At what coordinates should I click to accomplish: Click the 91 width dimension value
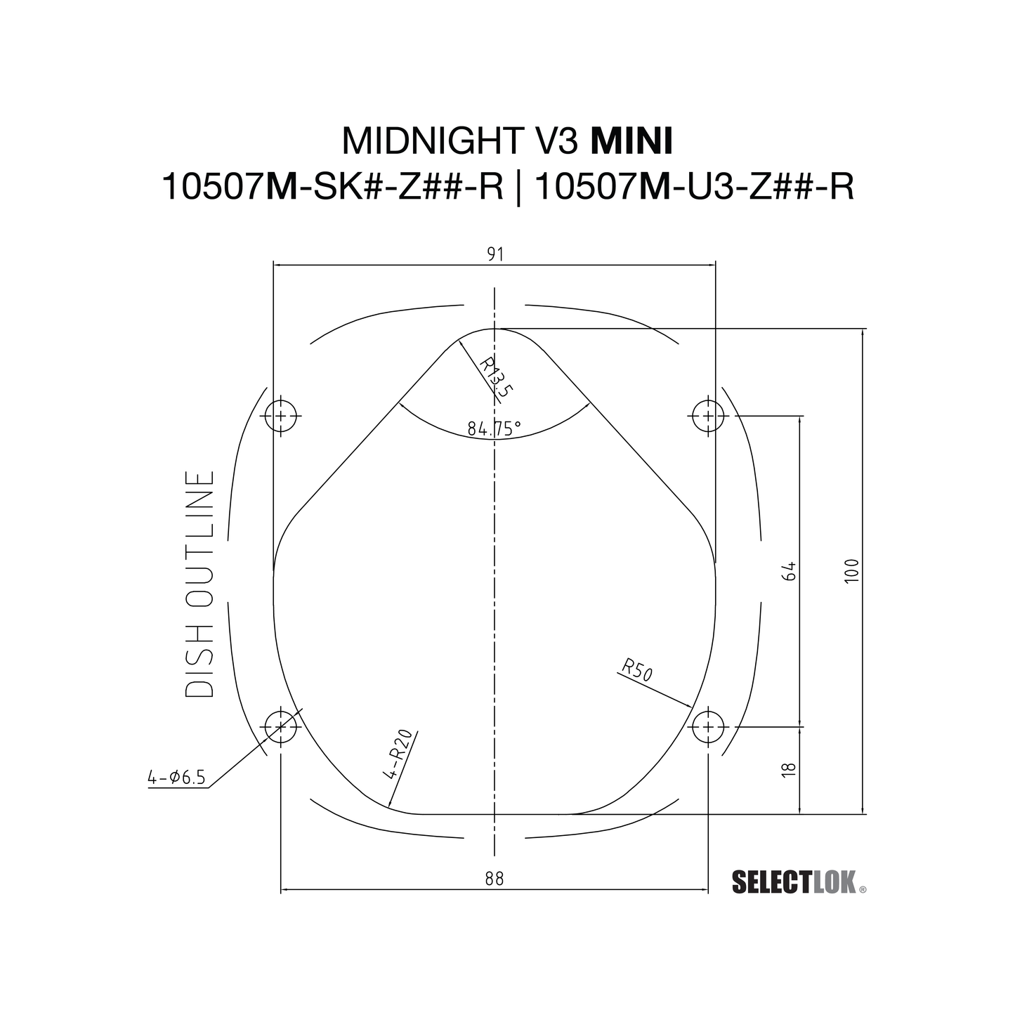[495, 254]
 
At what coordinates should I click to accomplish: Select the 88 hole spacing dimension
[495, 879]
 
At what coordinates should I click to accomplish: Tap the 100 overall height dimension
[851, 572]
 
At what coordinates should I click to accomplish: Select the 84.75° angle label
[495, 428]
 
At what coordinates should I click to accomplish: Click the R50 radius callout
[638, 670]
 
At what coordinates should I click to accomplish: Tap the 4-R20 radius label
[398, 755]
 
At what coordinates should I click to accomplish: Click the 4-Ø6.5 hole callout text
[176, 777]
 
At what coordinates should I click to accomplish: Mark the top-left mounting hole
[281, 416]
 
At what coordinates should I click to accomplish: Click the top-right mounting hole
[708, 416]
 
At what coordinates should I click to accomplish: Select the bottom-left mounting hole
[281, 726]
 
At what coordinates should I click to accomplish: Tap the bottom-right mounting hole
[708, 726]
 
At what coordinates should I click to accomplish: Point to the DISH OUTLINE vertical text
[200, 584]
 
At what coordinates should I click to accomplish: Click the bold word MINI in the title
[631, 141]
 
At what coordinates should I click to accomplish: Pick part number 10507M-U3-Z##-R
[698, 188]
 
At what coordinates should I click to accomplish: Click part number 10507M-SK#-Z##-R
[332, 188]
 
